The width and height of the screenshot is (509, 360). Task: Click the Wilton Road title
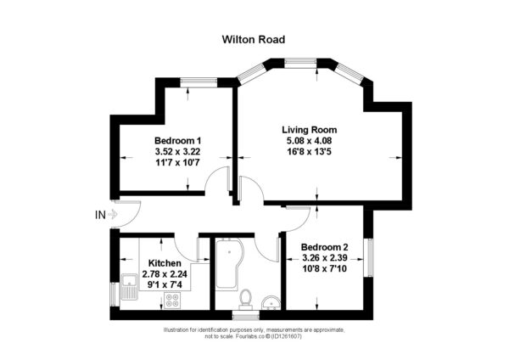(x=254, y=40)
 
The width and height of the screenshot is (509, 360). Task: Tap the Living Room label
(x=310, y=130)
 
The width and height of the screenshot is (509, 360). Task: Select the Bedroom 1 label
(x=177, y=141)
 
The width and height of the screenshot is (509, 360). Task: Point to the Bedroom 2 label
(x=325, y=247)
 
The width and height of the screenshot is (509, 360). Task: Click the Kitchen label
(x=165, y=263)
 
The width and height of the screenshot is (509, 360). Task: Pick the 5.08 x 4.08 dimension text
(x=309, y=141)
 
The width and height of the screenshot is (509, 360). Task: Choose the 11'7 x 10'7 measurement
(x=177, y=162)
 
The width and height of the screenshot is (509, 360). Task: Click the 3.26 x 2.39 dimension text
(x=325, y=258)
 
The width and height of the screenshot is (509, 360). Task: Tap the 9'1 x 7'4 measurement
(x=165, y=285)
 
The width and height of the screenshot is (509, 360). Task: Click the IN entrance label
(x=100, y=215)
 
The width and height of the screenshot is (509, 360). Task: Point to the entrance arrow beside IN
(x=112, y=215)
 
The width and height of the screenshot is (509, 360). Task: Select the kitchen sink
(x=130, y=287)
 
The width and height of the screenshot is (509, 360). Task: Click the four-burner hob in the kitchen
(x=172, y=301)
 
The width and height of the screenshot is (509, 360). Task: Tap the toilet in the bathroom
(x=245, y=300)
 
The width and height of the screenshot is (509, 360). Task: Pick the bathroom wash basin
(x=271, y=302)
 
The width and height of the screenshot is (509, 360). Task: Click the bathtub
(x=228, y=264)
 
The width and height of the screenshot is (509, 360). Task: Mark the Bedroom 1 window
(x=199, y=82)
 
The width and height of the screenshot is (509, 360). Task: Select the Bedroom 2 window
(x=368, y=257)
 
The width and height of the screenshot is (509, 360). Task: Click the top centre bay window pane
(x=300, y=63)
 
